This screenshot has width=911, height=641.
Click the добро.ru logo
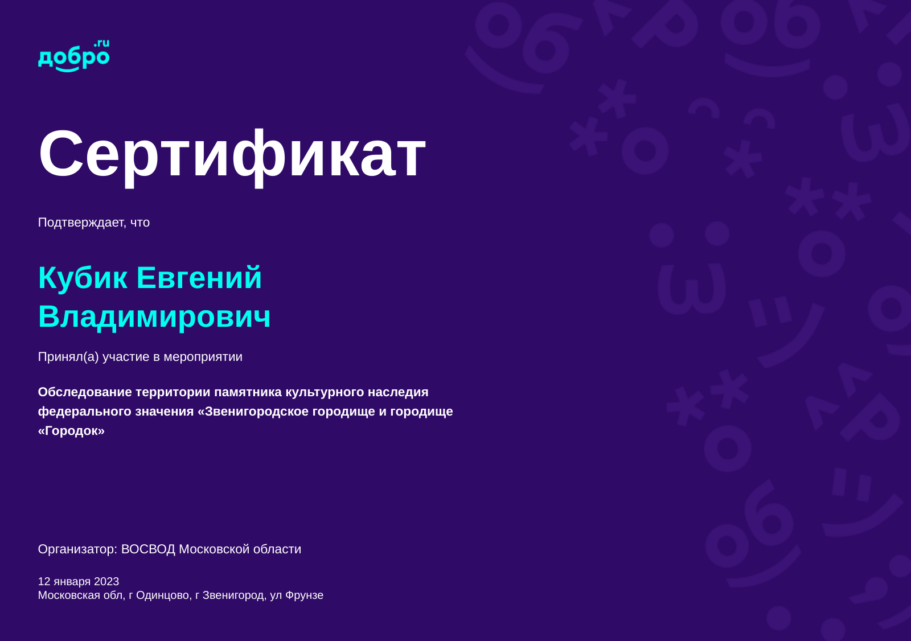click(x=73, y=56)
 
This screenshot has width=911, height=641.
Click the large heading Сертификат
click(x=232, y=156)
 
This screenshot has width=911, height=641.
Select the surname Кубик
click(x=83, y=278)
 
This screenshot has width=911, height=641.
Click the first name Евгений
click(x=199, y=278)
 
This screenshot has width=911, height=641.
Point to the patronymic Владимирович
click(x=154, y=317)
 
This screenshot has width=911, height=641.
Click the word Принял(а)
click(x=68, y=357)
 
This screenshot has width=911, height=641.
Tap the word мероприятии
click(x=203, y=357)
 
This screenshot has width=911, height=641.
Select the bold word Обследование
click(x=85, y=392)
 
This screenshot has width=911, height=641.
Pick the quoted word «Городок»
click(x=71, y=431)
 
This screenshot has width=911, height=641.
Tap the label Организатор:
click(x=77, y=549)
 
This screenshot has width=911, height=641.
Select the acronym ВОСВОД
click(x=148, y=549)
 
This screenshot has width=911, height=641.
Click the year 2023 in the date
click(x=106, y=582)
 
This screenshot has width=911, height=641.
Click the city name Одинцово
click(x=163, y=595)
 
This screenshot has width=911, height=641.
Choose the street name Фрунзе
click(x=304, y=595)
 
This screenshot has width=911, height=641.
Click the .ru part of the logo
click(x=102, y=43)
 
